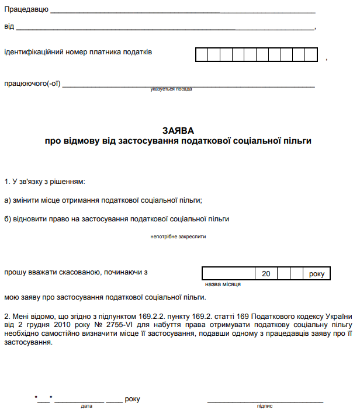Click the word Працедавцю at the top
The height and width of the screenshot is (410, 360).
pos(26,11)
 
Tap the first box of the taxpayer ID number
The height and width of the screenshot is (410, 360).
pos(201,55)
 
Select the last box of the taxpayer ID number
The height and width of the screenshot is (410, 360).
pos(312,55)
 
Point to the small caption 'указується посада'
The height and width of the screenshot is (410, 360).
pos(171,89)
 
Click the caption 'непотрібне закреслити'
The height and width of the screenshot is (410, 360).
pos(178,237)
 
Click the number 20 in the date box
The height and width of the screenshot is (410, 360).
pos(266,273)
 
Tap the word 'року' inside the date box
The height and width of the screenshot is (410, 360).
pos(317,273)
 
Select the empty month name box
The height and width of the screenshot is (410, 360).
pos(229,273)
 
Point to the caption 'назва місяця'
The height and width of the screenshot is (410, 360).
pos(223,284)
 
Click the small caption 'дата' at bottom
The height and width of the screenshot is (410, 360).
pos(86,406)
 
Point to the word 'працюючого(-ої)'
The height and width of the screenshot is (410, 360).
pos(32,84)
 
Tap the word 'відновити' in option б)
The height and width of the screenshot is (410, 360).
pos(27,220)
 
